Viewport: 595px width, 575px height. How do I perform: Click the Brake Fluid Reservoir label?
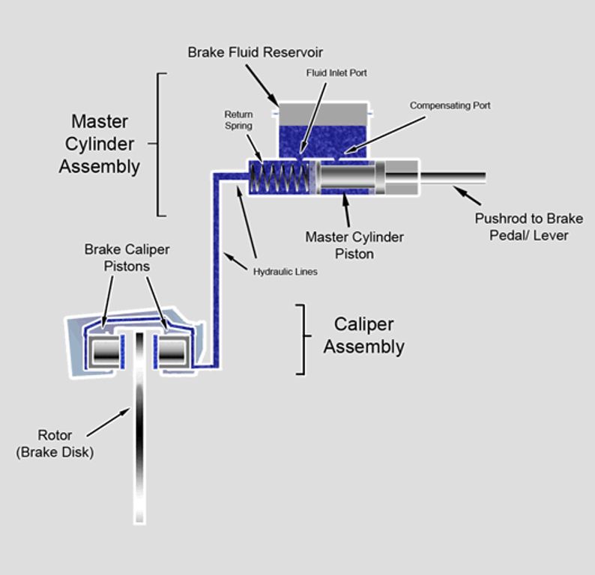(x=255, y=52)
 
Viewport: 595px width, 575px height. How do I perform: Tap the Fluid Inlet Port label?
(x=336, y=73)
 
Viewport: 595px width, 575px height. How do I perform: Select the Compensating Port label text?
(x=450, y=106)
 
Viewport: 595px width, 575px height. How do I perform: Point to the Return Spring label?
(x=238, y=121)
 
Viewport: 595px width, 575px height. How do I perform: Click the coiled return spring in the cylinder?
(x=280, y=177)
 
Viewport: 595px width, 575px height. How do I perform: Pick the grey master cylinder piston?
(x=346, y=177)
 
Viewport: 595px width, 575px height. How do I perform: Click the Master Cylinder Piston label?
(x=354, y=245)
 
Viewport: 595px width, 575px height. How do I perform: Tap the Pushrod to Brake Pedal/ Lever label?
(x=529, y=227)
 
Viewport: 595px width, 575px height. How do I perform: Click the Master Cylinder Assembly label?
(x=100, y=144)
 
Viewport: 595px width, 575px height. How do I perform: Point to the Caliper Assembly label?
(x=364, y=335)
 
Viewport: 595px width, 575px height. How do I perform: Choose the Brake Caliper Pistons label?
(x=127, y=258)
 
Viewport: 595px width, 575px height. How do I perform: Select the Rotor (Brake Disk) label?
(x=55, y=443)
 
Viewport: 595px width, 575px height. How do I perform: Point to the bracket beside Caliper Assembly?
(x=302, y=338)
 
